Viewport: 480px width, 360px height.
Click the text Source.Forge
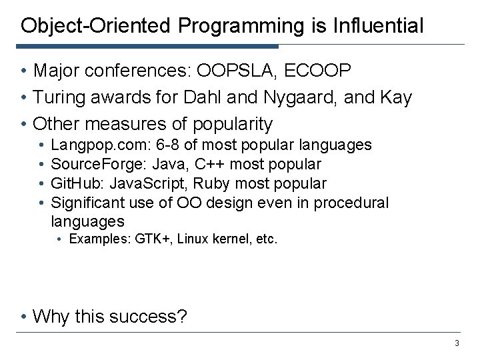[100, 164]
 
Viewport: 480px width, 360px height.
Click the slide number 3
[457, 343]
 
